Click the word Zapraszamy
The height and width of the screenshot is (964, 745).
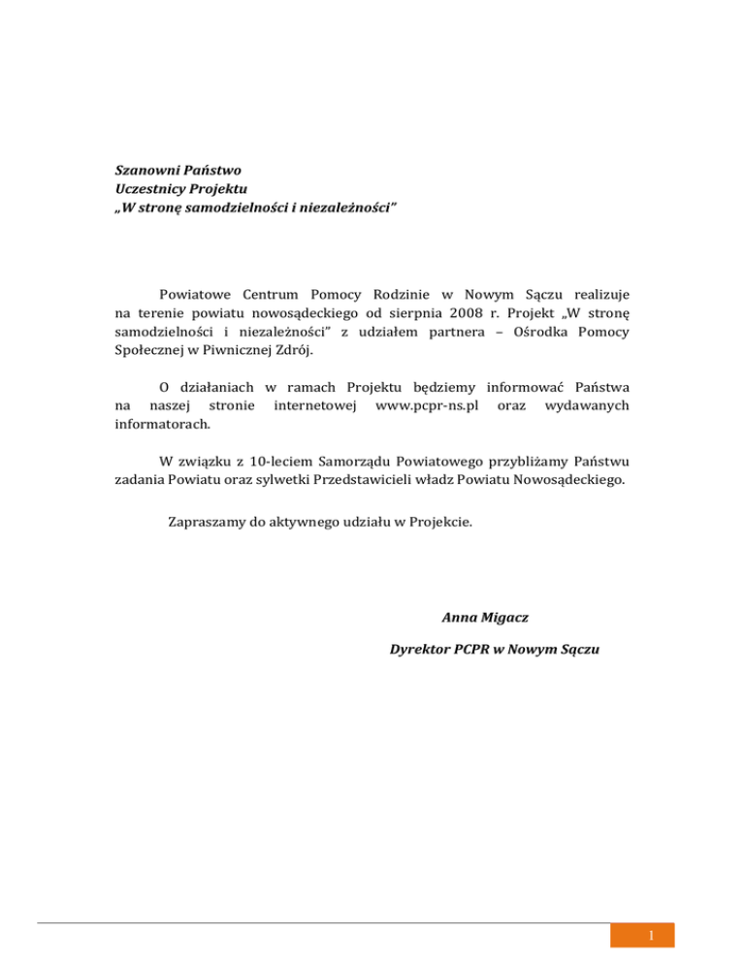(x=211, y=521)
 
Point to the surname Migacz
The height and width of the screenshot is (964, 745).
(x=503, y=616)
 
